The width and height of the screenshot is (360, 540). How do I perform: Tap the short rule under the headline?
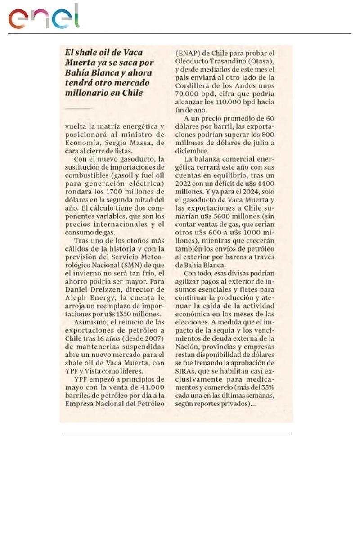[x=79, y=108]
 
